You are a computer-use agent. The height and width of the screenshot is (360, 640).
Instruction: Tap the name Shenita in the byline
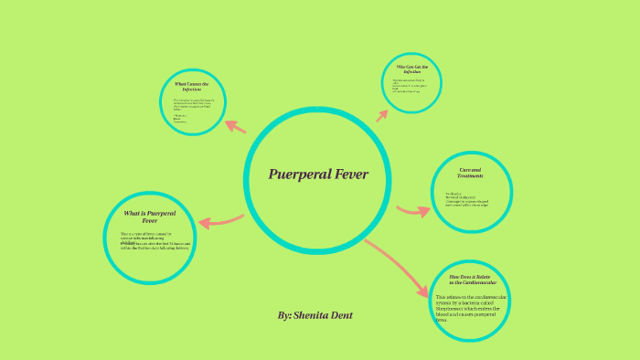coord(315,315)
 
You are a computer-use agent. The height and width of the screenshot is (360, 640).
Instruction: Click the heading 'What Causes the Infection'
coord(192,87)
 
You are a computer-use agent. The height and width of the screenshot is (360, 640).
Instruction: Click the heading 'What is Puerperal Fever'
coord(150,217)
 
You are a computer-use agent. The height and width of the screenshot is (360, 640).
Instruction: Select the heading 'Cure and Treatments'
coord(471,174)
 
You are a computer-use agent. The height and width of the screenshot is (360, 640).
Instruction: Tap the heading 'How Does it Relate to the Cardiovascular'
coord(469,279)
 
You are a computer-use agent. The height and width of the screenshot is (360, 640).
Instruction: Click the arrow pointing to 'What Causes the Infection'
coord(234,127)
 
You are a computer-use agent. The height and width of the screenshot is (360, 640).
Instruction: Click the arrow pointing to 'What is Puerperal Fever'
coord(221,221)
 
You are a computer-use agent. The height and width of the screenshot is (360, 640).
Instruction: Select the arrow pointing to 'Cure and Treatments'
coord(413,211)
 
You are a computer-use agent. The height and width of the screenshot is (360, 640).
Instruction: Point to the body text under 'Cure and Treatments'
coord(466,199)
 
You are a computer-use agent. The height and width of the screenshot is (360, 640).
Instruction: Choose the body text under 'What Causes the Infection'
coord(192,110)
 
